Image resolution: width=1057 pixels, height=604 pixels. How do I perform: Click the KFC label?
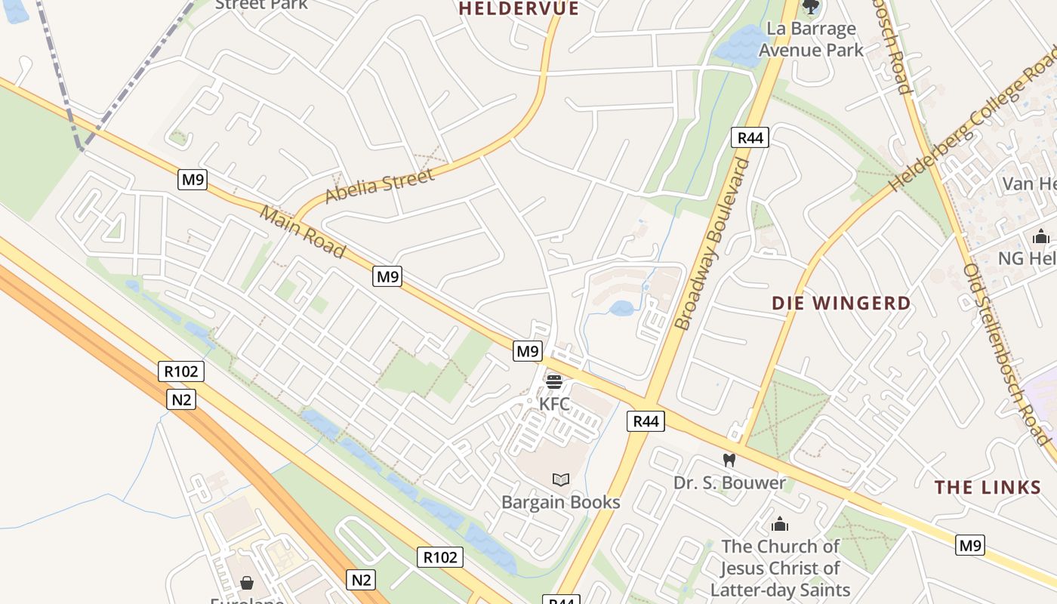[x=554, y=404]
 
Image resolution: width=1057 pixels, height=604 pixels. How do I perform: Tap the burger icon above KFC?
[x=554, y=382]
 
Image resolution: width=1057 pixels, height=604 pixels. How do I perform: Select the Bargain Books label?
[x=561, y=502]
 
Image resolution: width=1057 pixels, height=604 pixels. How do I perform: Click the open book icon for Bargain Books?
[x=561, y=479]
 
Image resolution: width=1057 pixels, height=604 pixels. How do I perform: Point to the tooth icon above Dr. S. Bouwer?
[x=729, y=460]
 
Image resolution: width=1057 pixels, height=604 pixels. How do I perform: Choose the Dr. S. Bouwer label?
[x=729, y=482]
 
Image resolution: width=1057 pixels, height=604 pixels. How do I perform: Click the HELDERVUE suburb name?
[x=519, y=9]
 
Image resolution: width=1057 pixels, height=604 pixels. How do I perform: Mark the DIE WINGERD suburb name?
[x=841, y=304]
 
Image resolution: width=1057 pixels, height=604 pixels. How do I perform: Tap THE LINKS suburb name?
[x=988, y=488]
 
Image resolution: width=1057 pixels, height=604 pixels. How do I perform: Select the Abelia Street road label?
[x=380, y=186]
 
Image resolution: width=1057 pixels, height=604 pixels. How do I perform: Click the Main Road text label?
[x=303, y=232]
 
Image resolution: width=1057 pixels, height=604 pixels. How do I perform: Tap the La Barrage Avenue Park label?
[x=811, y=40]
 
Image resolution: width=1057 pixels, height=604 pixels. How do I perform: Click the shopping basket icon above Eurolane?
[x=247, y=583]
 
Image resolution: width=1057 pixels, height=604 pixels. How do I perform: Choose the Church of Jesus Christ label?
[x=780, y=568]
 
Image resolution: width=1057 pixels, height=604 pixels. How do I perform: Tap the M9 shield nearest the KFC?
[x=528, y=351]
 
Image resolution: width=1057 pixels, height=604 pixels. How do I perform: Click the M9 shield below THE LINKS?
[x=970, y=545]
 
